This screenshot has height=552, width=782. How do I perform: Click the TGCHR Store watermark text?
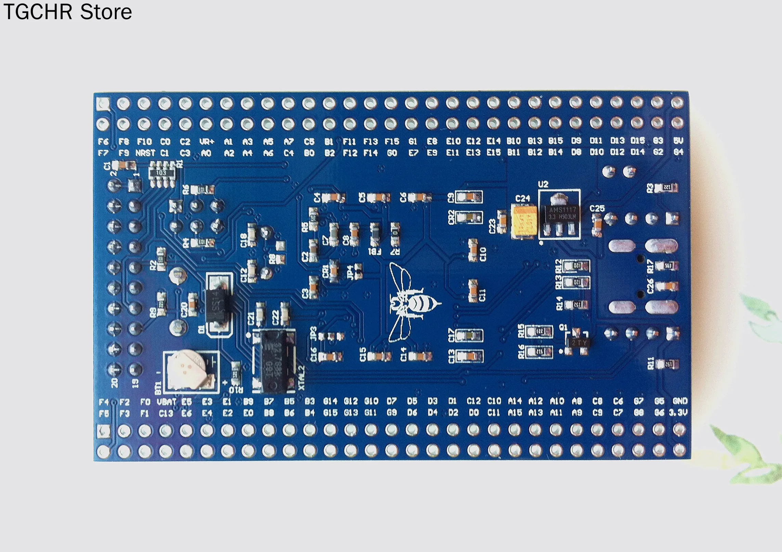(x=67, y=12)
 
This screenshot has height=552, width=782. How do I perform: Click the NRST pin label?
(x=145, y=153)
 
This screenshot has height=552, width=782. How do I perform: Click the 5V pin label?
(x=678, y=141)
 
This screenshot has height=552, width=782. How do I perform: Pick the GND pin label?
(x=680, y=401)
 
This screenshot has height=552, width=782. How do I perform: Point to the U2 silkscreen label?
(x=543, y=184)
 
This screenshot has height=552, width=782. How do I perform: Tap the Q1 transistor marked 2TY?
(x=578, y=342)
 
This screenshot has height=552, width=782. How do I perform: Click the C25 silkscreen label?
(x=597, y=208)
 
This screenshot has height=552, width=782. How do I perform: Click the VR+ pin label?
(x=206, y=142)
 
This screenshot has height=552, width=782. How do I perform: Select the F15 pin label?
(x=392, y=141)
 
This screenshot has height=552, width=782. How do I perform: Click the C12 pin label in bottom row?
(x=473, y=401)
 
